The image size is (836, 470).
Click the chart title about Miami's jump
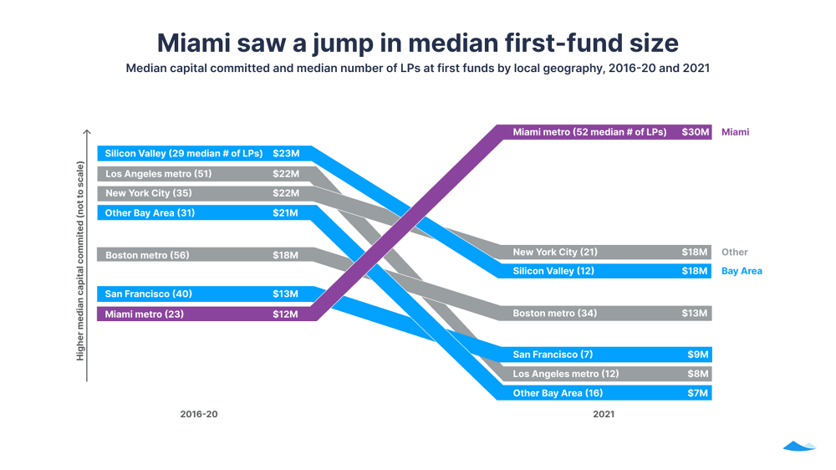tap(417, 42)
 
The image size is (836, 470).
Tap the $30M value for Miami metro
tap(696, 132)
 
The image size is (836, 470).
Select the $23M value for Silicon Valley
tap(285, 154)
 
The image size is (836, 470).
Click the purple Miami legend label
tap(735, 132)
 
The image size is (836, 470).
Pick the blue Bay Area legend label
tap(741, 271)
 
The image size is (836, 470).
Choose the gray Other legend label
tap(734, 252)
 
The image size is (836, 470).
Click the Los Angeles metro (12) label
tap(566, 374)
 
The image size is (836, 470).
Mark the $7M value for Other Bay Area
tap(698, 393)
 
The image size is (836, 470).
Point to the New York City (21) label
tap(555, 252)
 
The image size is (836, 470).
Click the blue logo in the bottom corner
tap(798, 447)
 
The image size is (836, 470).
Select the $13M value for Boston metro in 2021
tap(696, 314)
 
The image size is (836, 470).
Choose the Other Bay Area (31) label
tap(150, 213)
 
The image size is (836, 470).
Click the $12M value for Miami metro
tap(285, 314)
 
